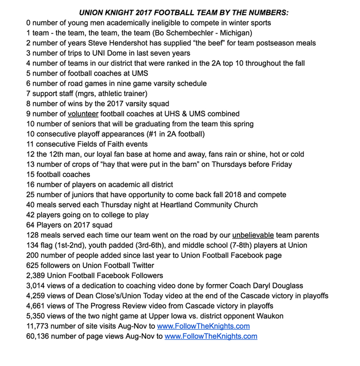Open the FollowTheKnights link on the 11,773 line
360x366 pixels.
coord(203,326)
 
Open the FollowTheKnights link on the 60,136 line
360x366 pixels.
coord(211,336)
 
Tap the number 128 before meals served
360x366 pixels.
coord(32,235)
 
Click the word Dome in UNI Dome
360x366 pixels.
coord(107,53)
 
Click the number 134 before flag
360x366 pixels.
coord(32,245)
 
